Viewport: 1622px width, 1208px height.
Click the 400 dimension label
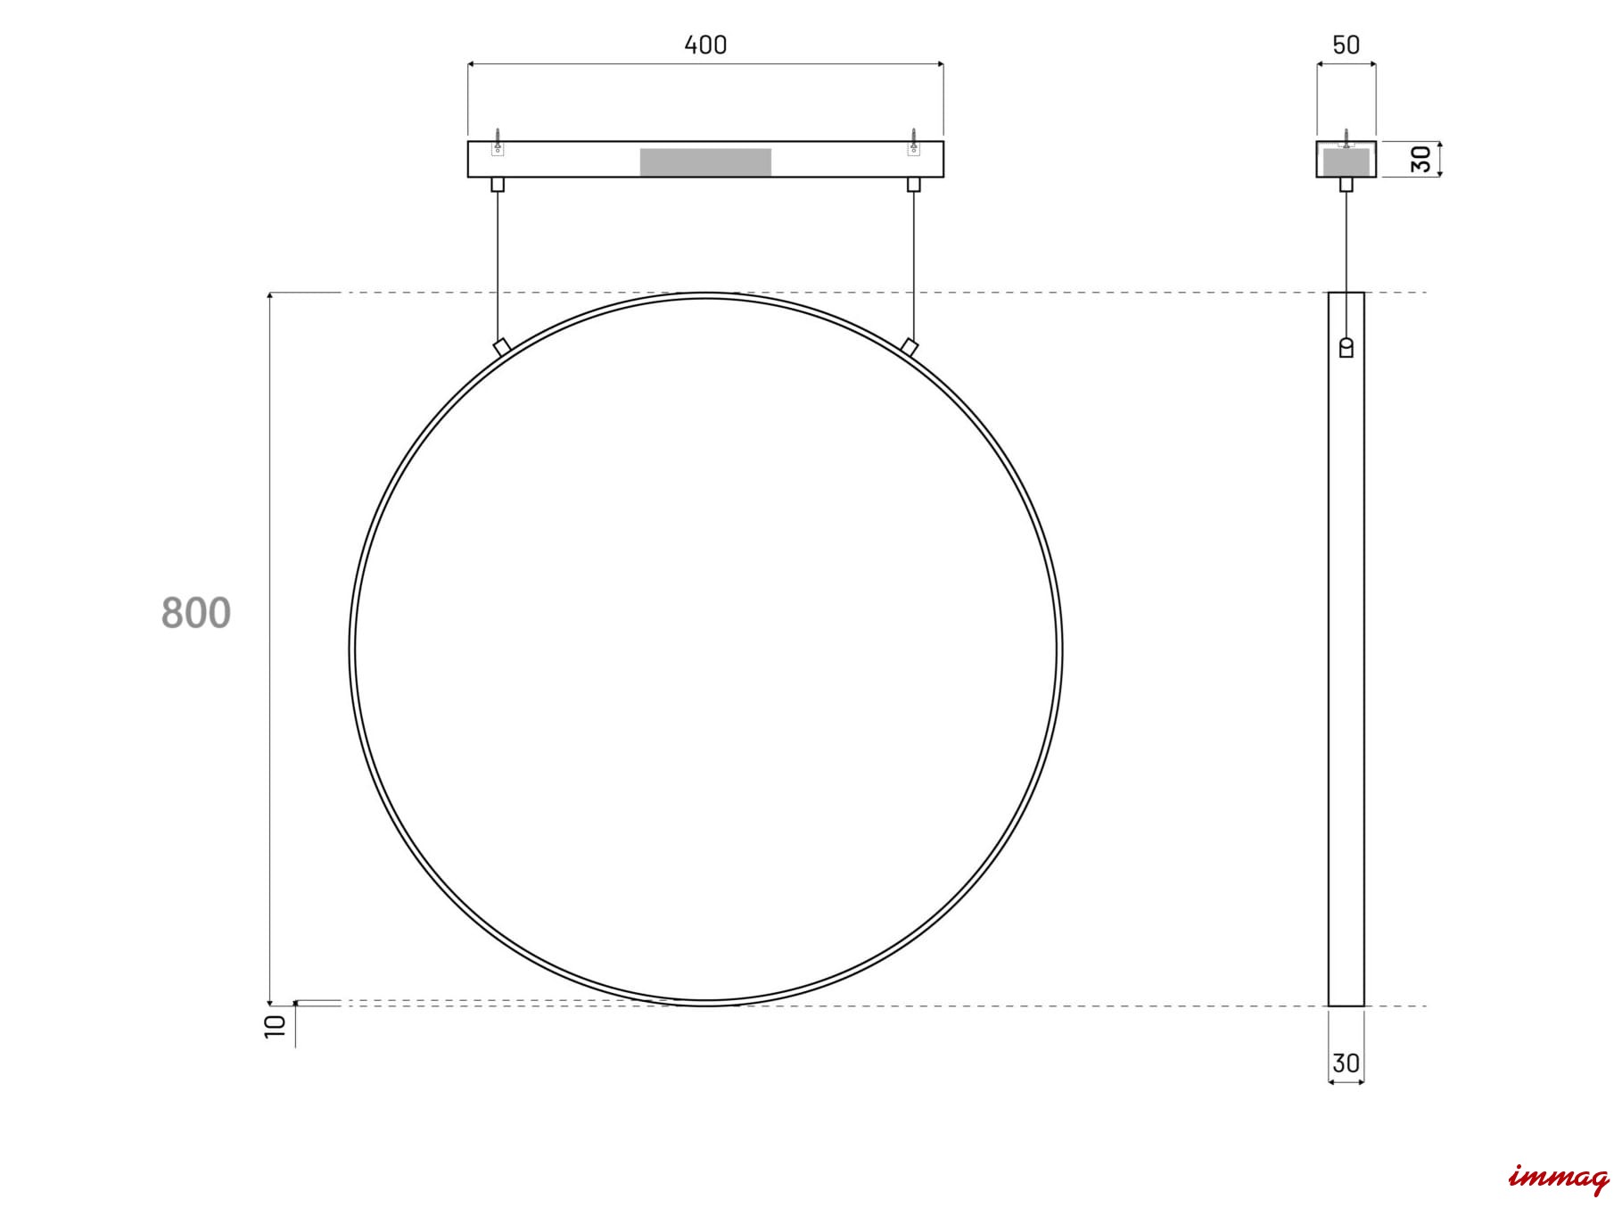(x=705, y=45)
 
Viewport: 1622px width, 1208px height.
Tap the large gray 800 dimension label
(x=196, y=614)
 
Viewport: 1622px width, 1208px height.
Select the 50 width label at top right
(x=1346, y=45)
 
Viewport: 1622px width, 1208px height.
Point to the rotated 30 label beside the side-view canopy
(x=1421, y=159)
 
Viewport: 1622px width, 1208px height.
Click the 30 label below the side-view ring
(x=1346, y=1063)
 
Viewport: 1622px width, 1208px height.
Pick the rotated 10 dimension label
(x=276, y=1024)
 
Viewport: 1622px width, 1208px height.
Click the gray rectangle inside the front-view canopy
(x=705, y=162)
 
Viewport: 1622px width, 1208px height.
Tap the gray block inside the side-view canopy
(x=1346, y=162)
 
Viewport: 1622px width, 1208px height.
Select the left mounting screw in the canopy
(x=498, y=141)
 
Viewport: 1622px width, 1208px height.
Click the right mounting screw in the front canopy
(x=913, y=141)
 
